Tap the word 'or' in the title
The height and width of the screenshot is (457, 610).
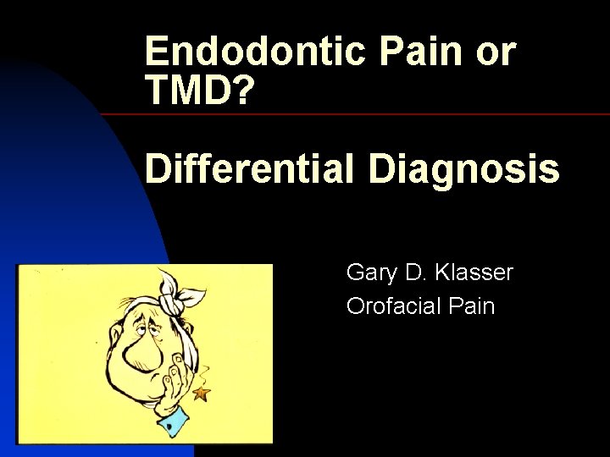click(x=496, y=52)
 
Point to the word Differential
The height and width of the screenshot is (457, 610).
click(x=248, y=169)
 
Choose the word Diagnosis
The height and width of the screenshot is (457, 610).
click(x=463, y=169)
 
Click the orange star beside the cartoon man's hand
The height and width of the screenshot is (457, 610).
click(x=202, y=393)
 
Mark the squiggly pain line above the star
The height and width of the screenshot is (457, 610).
click(x=203, y=372)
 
